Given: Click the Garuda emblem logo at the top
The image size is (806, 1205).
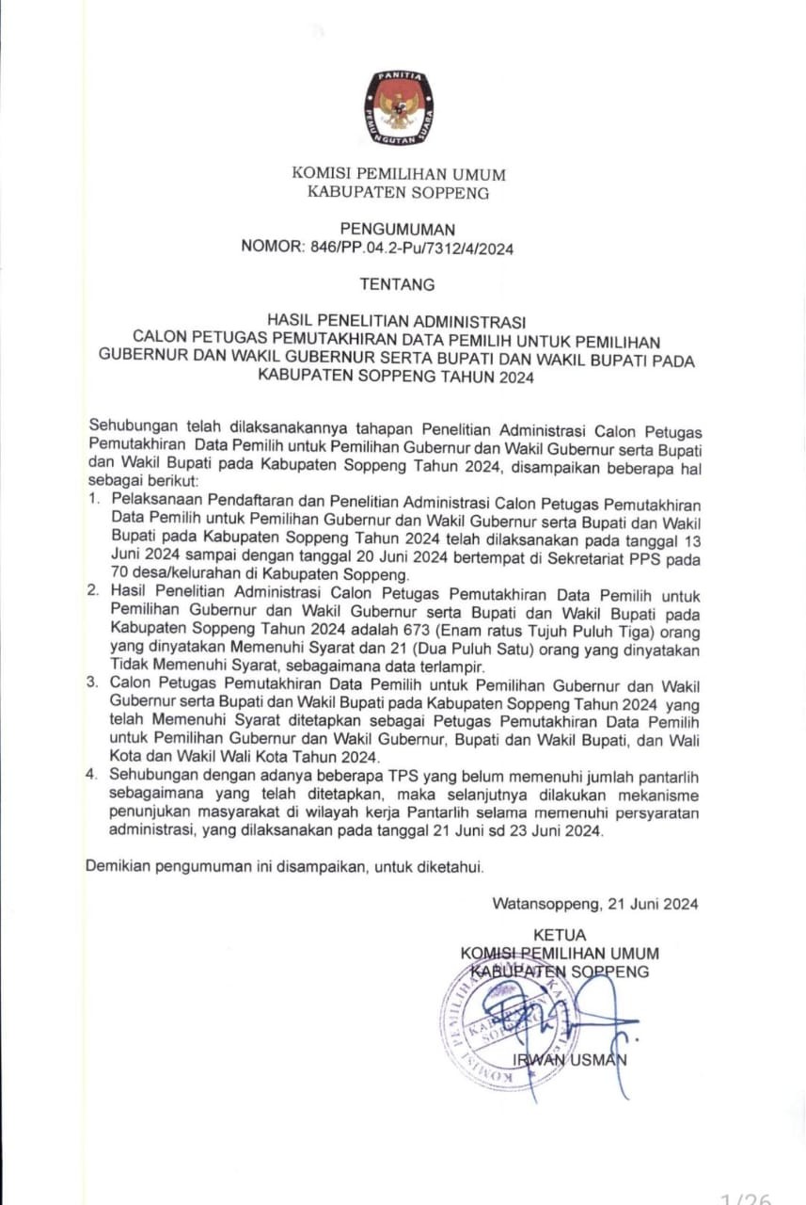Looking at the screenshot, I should point(399,108).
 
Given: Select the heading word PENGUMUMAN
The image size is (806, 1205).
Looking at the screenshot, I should point(398,229).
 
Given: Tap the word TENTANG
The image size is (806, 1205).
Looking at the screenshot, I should point(398,283).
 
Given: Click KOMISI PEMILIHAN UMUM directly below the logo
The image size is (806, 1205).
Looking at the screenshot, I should point(399,174).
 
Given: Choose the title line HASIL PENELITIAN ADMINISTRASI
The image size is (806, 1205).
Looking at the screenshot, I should point(398,321).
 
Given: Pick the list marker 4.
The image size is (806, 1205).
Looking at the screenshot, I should point(93,775).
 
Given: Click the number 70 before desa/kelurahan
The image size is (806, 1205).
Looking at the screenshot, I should point(120,573).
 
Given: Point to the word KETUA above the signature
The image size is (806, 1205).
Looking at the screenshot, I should point(560,935).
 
